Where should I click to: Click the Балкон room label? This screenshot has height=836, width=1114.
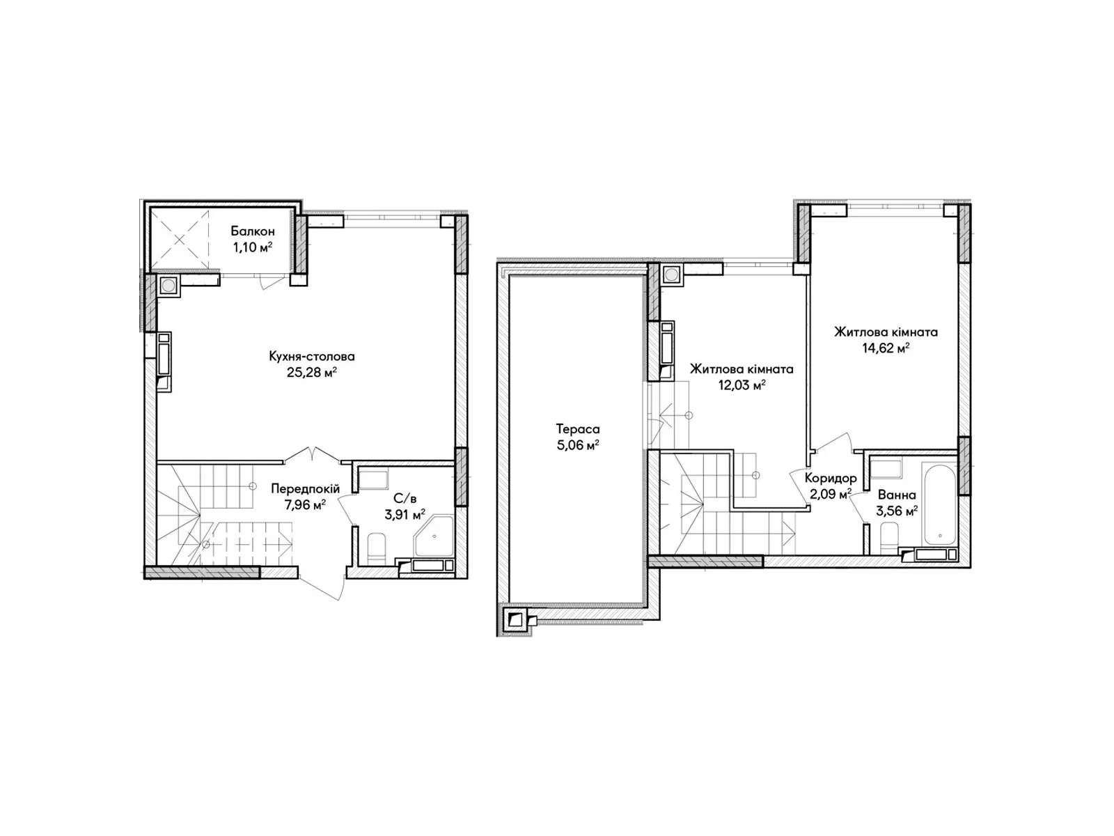252,231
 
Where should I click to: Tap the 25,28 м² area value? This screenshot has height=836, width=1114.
312,372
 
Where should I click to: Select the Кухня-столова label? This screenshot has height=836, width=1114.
312,356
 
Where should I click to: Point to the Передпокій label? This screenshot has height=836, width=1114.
305,489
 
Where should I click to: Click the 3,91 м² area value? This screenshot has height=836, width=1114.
405,515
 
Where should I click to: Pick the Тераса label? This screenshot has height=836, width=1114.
578,429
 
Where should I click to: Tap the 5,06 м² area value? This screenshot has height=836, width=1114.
578,446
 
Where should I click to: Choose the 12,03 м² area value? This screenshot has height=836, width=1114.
742,385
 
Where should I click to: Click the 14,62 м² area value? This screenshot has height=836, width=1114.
886,348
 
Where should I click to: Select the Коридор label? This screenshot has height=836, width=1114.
831,478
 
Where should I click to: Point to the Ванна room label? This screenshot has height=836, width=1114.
897,495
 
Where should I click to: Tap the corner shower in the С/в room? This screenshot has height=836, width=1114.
434,537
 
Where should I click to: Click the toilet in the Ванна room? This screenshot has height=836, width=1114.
889,538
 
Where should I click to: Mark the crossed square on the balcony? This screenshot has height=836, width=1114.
180,240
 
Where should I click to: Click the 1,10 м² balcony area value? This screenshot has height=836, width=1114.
252,247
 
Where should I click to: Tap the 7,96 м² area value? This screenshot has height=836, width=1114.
305,505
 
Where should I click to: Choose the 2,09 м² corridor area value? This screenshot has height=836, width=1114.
831,493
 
